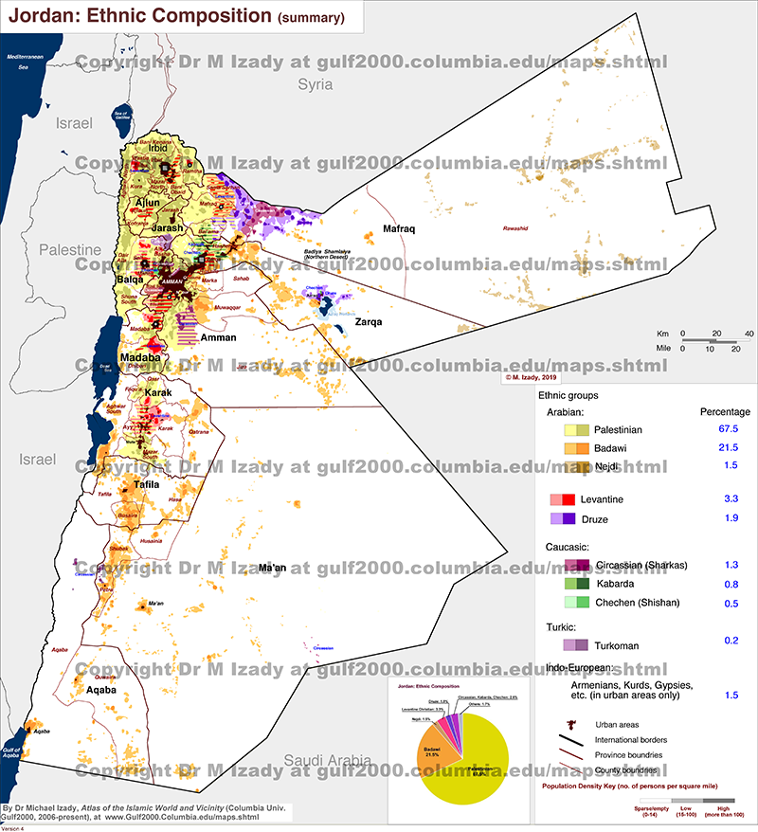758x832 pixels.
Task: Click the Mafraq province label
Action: point(400,229)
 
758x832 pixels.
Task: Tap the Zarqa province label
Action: point(369,322)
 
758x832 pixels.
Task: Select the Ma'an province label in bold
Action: point(272,568)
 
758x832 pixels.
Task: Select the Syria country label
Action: point(316,84)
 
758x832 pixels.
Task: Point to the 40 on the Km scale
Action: point(749,334)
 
